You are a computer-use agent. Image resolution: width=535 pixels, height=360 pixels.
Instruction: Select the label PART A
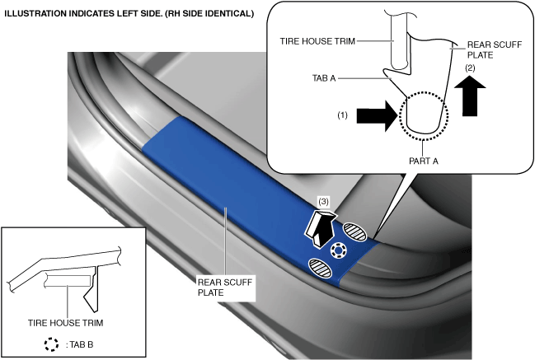click(x=422, y=161)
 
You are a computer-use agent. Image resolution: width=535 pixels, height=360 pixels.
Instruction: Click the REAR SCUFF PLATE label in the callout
click(x=481, y=50)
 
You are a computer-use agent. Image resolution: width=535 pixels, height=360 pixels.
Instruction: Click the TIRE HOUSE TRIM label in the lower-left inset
click(x=60, y=322)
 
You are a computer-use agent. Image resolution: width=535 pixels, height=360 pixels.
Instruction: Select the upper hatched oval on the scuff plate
click(x=355, y=231)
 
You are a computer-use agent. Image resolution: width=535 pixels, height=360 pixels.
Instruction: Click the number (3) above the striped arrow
click(x=324, y=201)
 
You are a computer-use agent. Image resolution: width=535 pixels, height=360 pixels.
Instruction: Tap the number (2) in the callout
click(x=470, y=67)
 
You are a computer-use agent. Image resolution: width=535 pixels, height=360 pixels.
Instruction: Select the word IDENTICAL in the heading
click(x=227, y=12)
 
